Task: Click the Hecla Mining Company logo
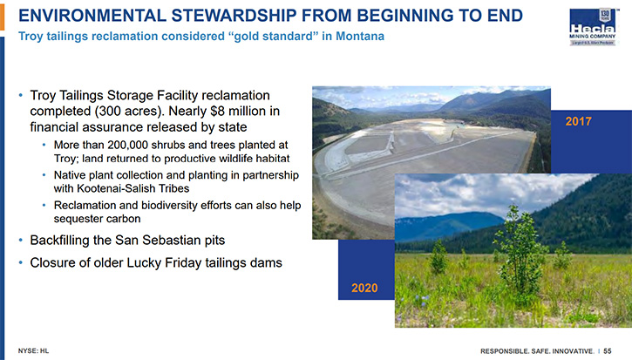(x=593, y=27)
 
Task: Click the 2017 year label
(x=579, y=121)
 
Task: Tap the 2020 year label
(x=364, y=288)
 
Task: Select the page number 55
(x=608, y=351)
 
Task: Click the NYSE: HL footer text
(x=33, y=351)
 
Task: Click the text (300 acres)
(x=130, y=111)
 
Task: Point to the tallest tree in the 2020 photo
(x=519, y=250)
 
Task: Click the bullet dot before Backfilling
(x=21, y=241)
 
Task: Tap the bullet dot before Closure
(x=21, y=263)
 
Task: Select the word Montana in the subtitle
(x=360, y=37)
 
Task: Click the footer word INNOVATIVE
(x=573, y=351)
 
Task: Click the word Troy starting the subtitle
(x=31, y=37)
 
